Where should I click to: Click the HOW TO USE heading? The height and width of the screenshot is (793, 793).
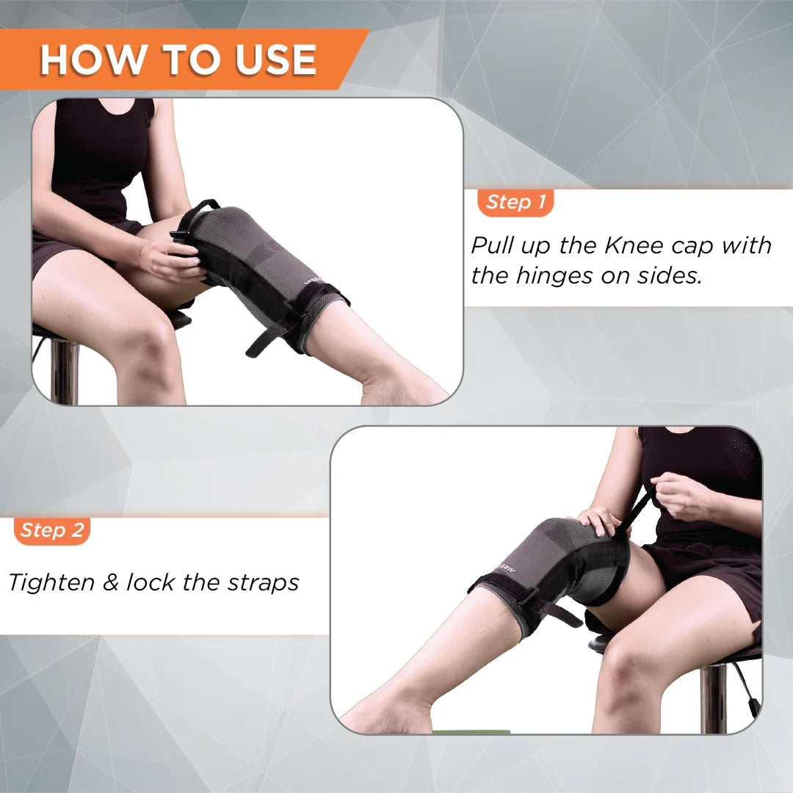178,59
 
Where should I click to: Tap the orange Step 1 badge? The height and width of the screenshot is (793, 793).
515,203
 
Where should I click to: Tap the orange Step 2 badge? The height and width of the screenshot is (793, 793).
52,530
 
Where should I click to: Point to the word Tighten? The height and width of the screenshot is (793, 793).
51,582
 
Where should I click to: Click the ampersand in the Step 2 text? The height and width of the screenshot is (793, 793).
111,583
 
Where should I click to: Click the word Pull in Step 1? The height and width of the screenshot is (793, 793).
493,245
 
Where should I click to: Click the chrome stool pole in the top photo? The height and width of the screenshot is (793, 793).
65,371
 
